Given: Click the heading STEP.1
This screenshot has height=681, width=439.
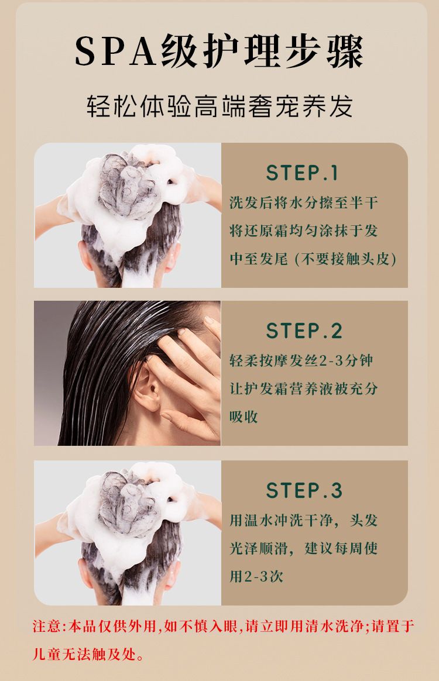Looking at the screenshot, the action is coord(301,173).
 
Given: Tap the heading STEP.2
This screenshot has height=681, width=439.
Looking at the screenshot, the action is coord(304,331).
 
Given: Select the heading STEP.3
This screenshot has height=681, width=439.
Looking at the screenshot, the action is coord(304,491).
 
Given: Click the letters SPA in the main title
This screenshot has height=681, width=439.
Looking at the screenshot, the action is coord(116,51).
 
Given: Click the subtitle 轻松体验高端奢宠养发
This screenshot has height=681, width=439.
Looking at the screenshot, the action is coord(220,106).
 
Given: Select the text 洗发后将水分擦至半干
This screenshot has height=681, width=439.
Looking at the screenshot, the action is coord(304,203).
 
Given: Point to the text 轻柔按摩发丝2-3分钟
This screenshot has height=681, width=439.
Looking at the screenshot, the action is coord(301,360).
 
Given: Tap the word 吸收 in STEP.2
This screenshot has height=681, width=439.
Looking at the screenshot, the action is coord(244,417).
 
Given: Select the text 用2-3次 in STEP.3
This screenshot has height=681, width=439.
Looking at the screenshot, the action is coord(256,576).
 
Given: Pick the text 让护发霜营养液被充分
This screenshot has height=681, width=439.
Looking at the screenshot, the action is coord(304,388).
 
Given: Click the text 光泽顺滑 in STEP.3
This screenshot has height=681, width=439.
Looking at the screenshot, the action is coord(259,548).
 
